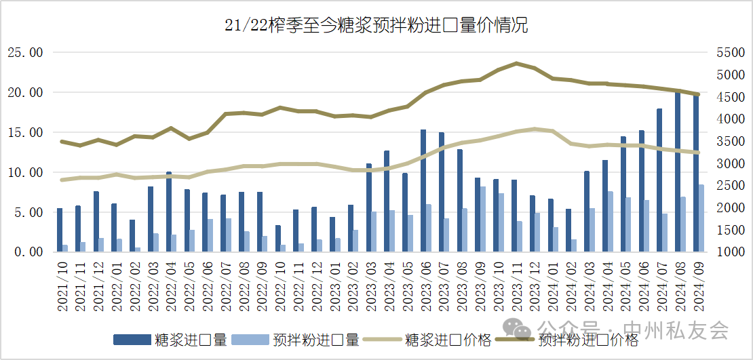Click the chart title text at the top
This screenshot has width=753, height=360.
[376, 26]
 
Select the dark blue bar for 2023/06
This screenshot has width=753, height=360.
[423, 191]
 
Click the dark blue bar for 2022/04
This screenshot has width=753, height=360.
[169, 212]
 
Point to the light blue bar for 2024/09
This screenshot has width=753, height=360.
[701, 218]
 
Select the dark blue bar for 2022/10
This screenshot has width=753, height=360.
[278, 238]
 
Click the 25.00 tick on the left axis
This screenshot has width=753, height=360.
[24, 52]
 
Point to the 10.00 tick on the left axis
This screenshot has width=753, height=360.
[24, 172]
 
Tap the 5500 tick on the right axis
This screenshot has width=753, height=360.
[730, 52]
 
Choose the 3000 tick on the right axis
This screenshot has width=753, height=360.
[730, 163]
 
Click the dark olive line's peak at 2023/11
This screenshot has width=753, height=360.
[517, 63]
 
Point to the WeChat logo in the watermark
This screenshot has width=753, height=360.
[522, 331]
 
